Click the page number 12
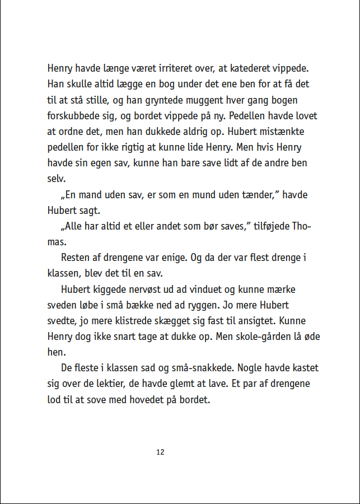point(160,452)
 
